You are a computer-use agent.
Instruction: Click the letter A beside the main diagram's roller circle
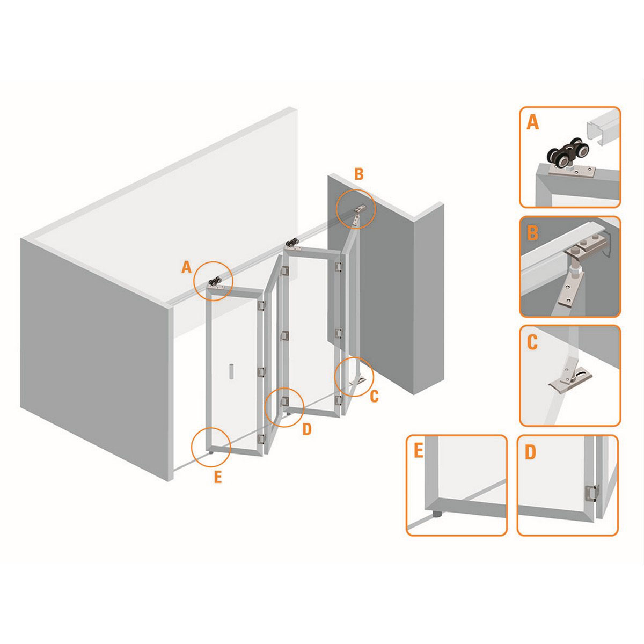186,267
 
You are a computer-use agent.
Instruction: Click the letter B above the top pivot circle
358,174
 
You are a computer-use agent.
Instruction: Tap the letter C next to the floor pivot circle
374,396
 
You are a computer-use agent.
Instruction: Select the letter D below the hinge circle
306,429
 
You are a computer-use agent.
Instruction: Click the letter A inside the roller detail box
533,123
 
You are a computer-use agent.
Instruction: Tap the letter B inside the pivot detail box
532,233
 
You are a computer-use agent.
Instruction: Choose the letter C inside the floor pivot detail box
532,342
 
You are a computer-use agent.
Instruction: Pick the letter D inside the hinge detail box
530,452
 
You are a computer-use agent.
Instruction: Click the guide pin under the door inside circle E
211,452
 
